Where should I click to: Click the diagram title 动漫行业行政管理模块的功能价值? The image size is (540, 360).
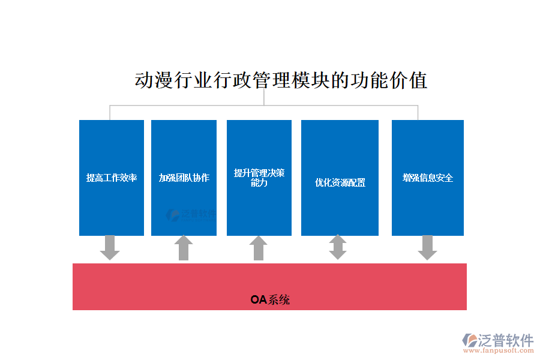(281, 80)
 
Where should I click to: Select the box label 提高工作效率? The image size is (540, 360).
(112, 178)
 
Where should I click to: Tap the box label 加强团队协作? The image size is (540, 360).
(184, 178)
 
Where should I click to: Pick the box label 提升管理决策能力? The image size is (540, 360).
(259, 178)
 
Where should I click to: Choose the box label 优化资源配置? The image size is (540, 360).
(340, 182)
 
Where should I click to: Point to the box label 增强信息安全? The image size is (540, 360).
(428, 178)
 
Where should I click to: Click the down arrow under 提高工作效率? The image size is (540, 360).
(110, 247)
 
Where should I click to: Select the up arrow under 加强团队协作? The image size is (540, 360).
(184, 248)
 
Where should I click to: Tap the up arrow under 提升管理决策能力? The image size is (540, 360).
(258, 248)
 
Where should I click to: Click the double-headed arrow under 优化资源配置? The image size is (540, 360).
(338, 247)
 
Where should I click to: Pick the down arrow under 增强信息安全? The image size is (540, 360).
(427, 247)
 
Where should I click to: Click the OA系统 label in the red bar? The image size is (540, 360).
(270, 299)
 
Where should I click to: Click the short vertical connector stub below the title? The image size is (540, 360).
(264, 98)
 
